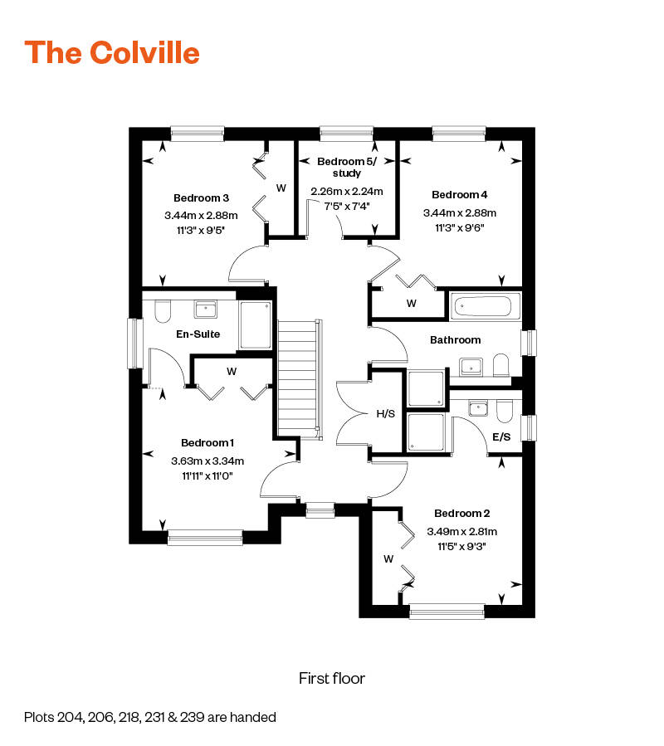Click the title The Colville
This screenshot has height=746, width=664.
pyautogui.click(x=112, y=52)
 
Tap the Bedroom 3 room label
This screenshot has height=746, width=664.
pyautogui.click(x=201, y=197)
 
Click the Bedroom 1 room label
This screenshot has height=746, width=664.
pyautogui.click(x=207, y=442)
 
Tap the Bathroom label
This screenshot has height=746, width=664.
pyautogui.click(x=455, y=340)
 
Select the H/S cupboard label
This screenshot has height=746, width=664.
pyautogui.click(x=385, y=412)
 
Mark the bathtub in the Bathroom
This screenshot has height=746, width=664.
pyautogui.click(x=485, y=306)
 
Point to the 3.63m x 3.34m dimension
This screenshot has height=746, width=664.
pyautogui.click(x=207, y=461)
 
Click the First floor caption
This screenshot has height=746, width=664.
pyautogui.click(x=332, y=678)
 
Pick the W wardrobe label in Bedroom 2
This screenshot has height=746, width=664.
pyautogui.click(x=388, y=558)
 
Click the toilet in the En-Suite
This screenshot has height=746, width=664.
pyautogui.click(x=163, y=311)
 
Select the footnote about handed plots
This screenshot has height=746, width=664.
pyautogui.click(x=149, y=716)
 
